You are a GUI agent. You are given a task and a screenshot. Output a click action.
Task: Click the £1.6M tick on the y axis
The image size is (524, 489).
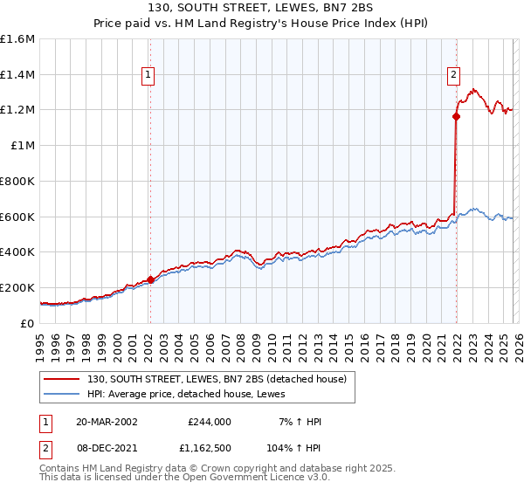click(17, 39)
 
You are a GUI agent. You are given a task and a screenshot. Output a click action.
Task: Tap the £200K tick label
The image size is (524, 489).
click(17, 287)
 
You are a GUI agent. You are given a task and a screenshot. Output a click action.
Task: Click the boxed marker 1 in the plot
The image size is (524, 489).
click(149, 76)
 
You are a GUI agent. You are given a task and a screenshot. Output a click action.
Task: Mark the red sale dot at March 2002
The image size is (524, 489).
click(150, 279)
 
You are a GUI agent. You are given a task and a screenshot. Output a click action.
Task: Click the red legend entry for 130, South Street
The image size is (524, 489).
click(217, 379)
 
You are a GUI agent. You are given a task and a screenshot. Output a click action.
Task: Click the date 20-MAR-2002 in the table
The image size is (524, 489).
click(107, 422)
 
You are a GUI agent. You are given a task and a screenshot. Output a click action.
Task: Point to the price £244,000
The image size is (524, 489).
click(209, 422)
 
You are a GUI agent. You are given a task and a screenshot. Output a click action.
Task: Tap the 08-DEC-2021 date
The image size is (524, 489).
click(107, 446)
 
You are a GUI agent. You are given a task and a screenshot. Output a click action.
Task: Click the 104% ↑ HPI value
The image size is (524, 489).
click(294, 446)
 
